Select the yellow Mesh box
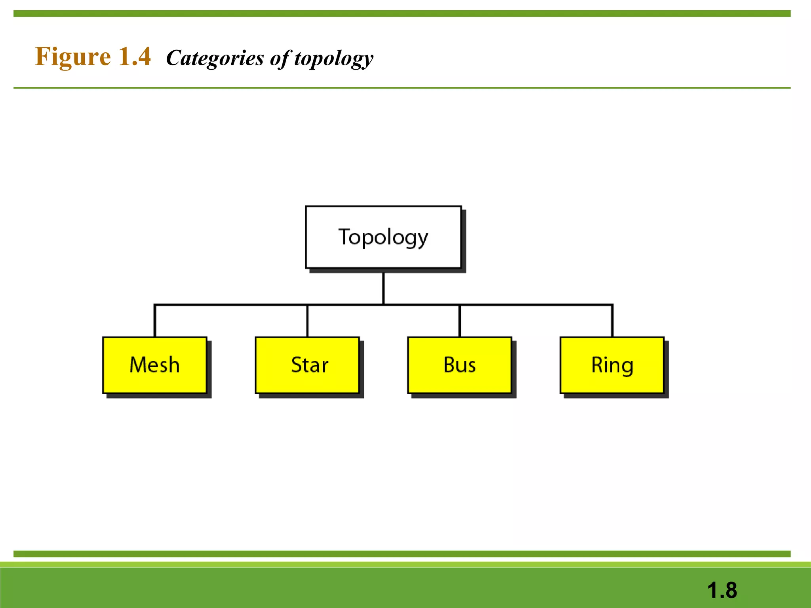tap(154, 365)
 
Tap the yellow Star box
tap(307, 365)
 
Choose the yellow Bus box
tap(459, 365)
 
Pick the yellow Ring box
tap(612, 365)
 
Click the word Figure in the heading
tap(73, 57)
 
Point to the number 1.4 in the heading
tap(135, 57)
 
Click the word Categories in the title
tap(215, 58)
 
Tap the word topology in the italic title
tap(333, 59)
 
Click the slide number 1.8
tap(722, 590)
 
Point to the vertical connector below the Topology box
tap(383, 288)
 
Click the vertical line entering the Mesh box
tap(154, 321)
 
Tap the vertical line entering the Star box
tap(307, 321)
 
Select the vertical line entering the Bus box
tap(459, 321)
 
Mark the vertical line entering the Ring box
tap(612, 321)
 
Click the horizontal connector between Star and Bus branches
tap(422, 304)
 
